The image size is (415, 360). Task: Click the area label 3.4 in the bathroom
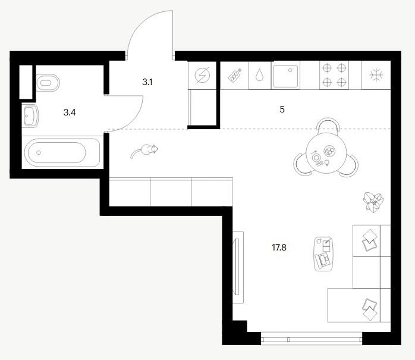(70, 112)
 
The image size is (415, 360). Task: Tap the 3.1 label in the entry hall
(147, 82)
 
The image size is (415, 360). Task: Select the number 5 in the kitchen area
(282, 109)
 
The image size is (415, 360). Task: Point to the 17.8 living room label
(279, 248)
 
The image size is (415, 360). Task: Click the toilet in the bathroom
(48, 83)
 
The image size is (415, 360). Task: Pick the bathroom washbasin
(30, 115)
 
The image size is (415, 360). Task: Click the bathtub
(62, 152)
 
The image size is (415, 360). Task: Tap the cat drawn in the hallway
(144, 151)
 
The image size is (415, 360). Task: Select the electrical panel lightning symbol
(202, 75)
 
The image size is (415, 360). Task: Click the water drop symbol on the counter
(259, 75)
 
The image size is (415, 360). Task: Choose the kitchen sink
(285, 76)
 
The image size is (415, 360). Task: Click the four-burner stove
(334, 75)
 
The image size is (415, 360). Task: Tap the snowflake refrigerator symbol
(376, 75)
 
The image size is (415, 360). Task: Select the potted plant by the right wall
(373, 201)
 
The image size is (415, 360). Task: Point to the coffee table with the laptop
(323, 253)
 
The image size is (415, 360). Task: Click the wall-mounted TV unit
(238, 267)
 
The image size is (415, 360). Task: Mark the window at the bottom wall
(312, 339)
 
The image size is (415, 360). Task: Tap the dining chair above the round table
(328, 126)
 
